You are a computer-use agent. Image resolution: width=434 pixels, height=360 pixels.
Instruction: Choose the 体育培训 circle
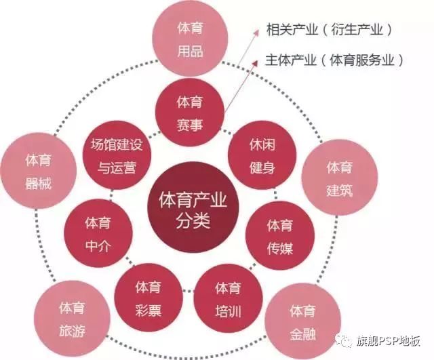pyautogui.click(x=227, y=299)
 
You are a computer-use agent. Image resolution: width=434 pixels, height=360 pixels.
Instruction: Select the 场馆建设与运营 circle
pyautogui.click(x=113, y=157)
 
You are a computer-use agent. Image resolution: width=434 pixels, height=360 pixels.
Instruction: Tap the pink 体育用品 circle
pyautogui.click(x=190, y=39)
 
